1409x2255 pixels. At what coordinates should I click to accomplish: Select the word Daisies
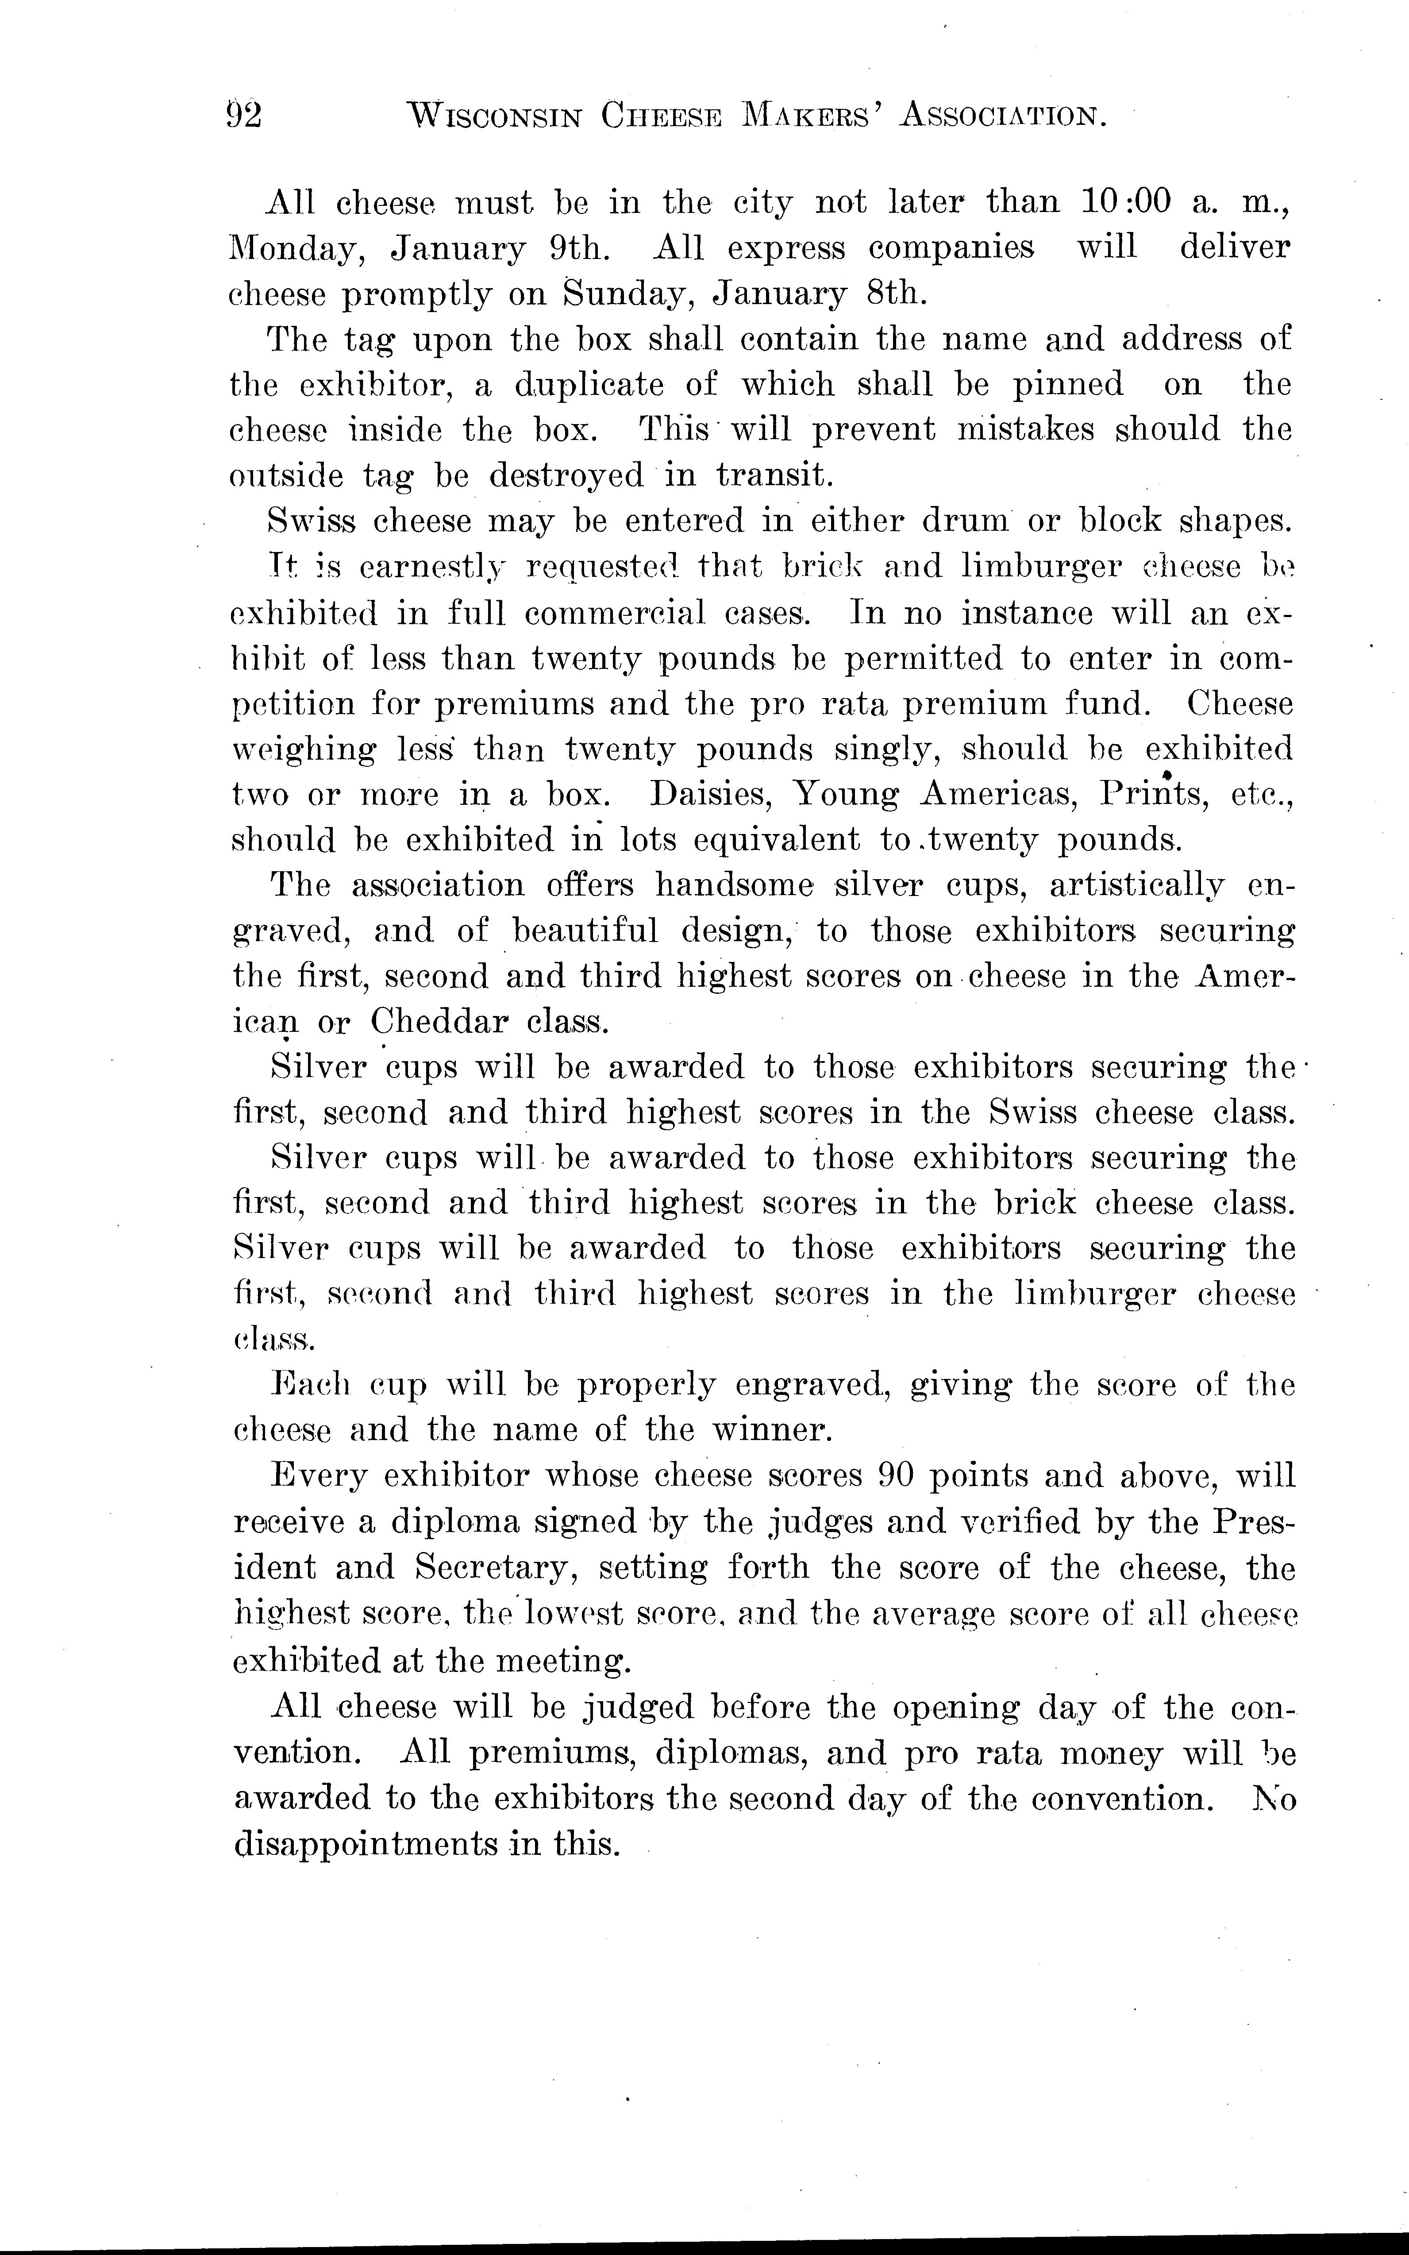(x=709, y=794)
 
